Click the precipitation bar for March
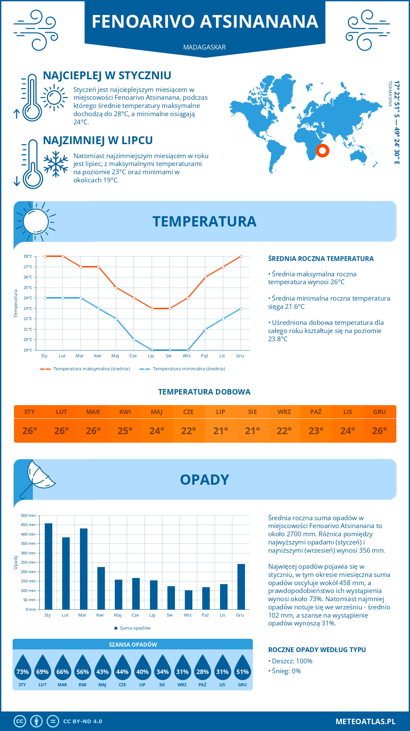(x=84, y=569)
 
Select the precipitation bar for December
(x=241, y=587)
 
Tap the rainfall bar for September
(x=189, y=599)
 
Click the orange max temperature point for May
(x=117, y=288)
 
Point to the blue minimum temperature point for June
(x=134, y=340)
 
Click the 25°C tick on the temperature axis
(x=28, y=288)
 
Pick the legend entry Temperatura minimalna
(x=189, y=369)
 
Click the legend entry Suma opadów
(x=135, y=628)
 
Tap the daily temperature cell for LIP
(x=220, y=431)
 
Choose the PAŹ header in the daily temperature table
(x=316, y=412)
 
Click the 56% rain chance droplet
(x=83, y=668)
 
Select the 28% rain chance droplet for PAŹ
(x=203, y=668)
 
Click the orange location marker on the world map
(x=322, y=150)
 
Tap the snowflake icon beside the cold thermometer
(x=56, y=164)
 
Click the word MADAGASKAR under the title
(x=204, y=47)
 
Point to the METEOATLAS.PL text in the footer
(x=366, y=721)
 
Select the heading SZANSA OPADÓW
(x=133, y=645)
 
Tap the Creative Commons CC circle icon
(x=20, y=721)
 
